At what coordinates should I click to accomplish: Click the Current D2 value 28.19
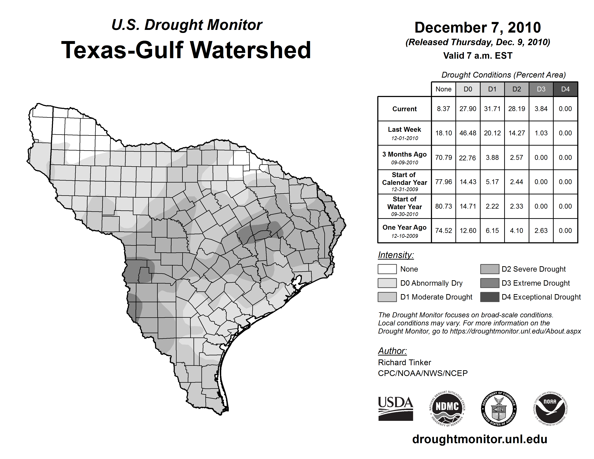click(516, 109)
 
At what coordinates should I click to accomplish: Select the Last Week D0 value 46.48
click(468, 133)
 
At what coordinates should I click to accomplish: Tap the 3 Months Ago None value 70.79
click(443, 157)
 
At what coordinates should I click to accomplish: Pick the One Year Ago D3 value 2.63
click(541, 231)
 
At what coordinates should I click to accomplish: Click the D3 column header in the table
click(541, 89)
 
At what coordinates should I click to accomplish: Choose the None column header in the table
click(443, 89)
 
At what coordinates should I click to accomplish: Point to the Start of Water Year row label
click(404, 206)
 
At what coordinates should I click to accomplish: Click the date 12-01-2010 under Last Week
click(404, 138)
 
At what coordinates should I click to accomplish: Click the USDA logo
click(395, 408)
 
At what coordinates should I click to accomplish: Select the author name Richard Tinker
click(404, 363)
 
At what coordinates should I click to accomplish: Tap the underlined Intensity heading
click(396, 255)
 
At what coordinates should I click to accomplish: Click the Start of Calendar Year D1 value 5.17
click(492, 182)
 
